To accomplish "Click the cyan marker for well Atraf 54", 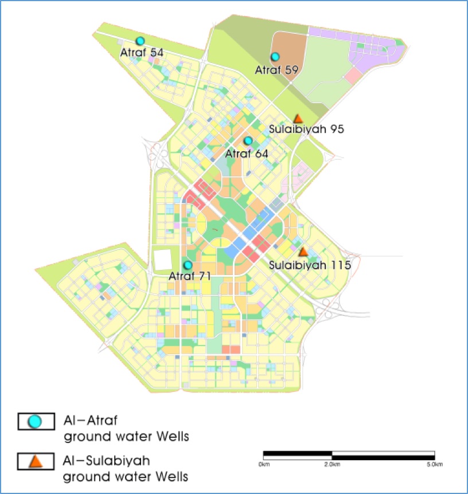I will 140,41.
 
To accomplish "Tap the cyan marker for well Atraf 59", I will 275,57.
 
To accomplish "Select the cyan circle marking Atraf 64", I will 248,141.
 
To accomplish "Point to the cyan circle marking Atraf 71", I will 187,265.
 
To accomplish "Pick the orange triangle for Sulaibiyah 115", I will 303,252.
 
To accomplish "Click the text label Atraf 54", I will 142,52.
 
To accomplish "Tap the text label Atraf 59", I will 276,69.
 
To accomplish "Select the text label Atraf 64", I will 247,153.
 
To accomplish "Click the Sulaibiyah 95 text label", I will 306,130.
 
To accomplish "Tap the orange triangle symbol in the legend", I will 35,461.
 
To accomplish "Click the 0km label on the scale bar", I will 264,463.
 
